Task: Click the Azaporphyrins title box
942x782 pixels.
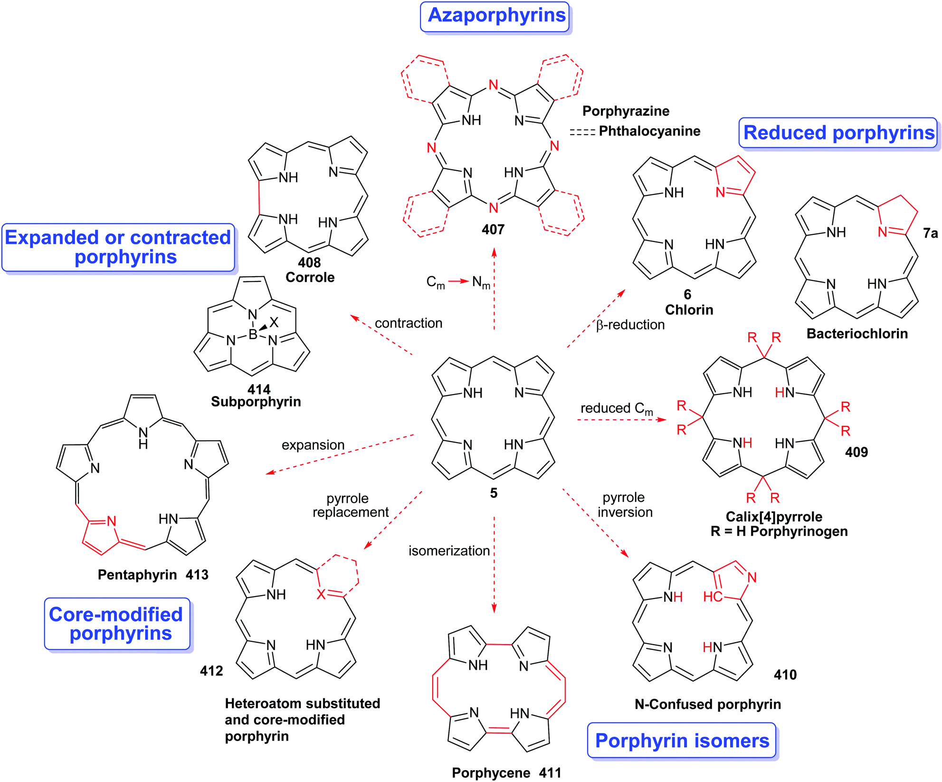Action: coord(495,17)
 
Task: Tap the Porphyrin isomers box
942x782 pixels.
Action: coord(682,741)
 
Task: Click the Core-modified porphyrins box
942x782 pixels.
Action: coord(117,624)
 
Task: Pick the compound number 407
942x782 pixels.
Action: coord(493,230)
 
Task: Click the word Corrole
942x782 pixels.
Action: coord(310,277)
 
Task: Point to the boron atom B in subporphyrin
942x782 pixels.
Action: coord(253,335)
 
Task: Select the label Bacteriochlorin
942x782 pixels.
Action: coord(856,334)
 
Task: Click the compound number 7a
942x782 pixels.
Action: coord(930,233)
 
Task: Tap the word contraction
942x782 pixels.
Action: coord(408,323)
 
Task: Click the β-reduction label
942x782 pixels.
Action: coord(630,325)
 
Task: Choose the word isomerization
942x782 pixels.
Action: coord(449,551)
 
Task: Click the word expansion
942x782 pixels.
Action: coord(313,445)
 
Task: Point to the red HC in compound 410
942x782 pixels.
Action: coord(712,597)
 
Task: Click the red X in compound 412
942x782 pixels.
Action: coord(321,594)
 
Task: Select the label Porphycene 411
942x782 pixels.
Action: coord(506,773)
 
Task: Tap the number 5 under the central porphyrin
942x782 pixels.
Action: coord(494,493)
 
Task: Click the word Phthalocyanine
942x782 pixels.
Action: coord(649,131)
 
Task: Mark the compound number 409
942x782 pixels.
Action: coord(856,452)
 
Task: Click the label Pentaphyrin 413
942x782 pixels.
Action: coord(153,575)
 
